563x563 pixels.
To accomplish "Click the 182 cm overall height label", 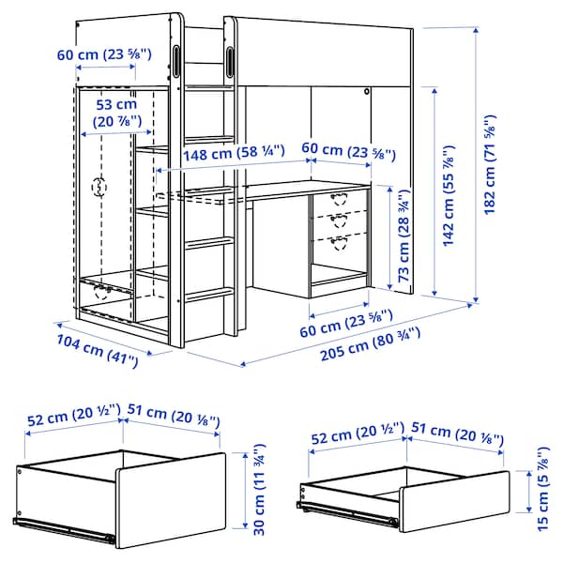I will [490, 164].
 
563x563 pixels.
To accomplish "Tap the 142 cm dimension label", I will [451, 200].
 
